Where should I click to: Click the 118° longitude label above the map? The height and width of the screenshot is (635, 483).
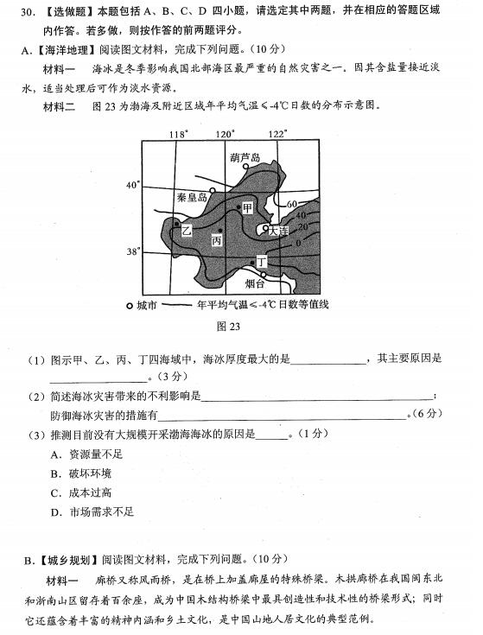pos(178,134)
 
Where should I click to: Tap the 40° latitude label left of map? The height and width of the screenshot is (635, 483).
pos(132,185)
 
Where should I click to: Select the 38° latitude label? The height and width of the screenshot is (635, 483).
pos(132,251)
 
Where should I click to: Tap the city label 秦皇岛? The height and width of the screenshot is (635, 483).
pos(192,198)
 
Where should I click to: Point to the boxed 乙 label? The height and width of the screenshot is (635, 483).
pos(187,231)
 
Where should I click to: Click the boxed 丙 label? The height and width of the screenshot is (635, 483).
pos(217,239)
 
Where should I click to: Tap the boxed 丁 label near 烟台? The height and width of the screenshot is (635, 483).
pos(262,260)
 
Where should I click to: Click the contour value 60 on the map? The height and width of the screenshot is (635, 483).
pos(292,205)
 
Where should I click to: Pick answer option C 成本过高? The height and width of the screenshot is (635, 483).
pos(54,492)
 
